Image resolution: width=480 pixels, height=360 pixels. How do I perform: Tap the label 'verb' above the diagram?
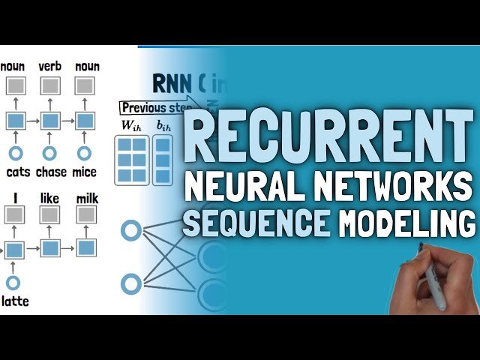tap(49, 67)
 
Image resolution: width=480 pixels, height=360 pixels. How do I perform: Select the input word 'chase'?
tap(50, 172)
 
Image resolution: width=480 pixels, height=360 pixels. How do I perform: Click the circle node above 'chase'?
tap(49, 153)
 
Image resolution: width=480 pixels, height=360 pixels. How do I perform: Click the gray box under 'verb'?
tap(49, 85)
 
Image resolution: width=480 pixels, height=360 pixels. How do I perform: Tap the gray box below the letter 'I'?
tap(13, 216)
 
